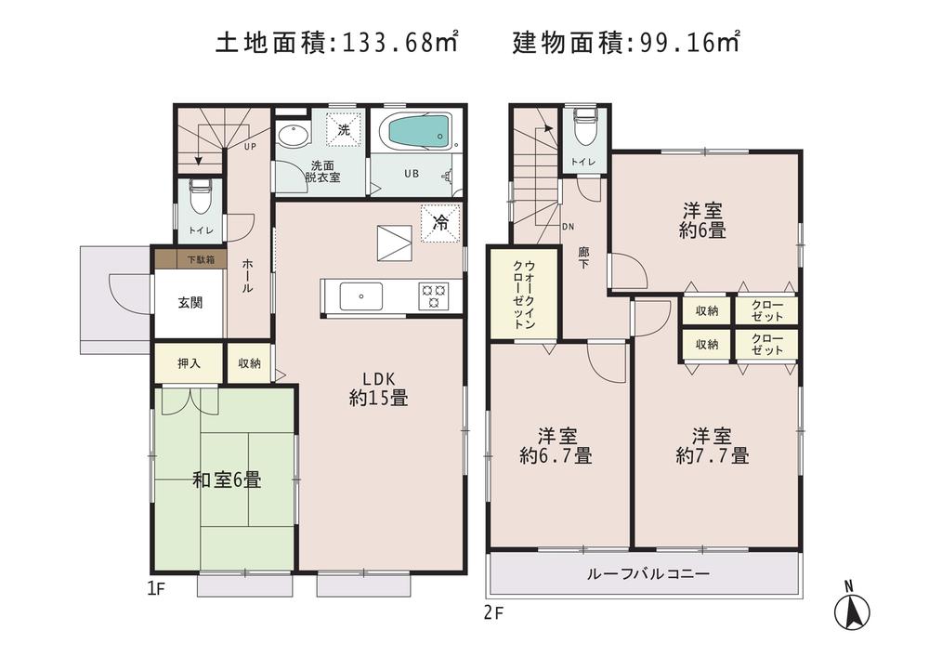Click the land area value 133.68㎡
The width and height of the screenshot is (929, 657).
click(401, 42)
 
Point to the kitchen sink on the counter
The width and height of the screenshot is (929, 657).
click(358, 296)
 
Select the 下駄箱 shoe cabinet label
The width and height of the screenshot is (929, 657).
click(199, 260)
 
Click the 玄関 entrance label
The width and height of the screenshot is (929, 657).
click(190, 303)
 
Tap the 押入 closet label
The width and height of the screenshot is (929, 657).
click(189, 362)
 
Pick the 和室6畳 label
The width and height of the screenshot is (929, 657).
click(226, 480)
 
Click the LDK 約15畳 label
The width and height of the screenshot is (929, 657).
click(379, 388)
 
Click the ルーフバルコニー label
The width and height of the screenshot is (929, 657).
click(648, 574)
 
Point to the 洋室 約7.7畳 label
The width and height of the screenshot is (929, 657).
click(713, 445)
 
